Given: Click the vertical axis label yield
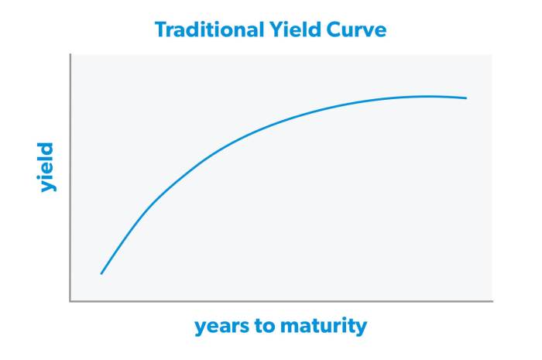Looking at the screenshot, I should (x=46, y=166).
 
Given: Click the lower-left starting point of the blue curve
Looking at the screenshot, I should (x=101, y=274).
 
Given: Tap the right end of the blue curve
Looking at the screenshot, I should (x=467, y=98).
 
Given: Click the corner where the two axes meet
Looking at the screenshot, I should (x=70, y=300).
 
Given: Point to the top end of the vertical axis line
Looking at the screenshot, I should (x=70, y=56).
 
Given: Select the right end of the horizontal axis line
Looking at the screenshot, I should (x=493, y=300).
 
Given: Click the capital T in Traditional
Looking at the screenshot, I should (x=160, y=30).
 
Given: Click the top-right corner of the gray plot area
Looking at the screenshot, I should (x=492, y=56).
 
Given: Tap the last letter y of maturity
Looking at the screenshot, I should (x=361, y=328).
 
